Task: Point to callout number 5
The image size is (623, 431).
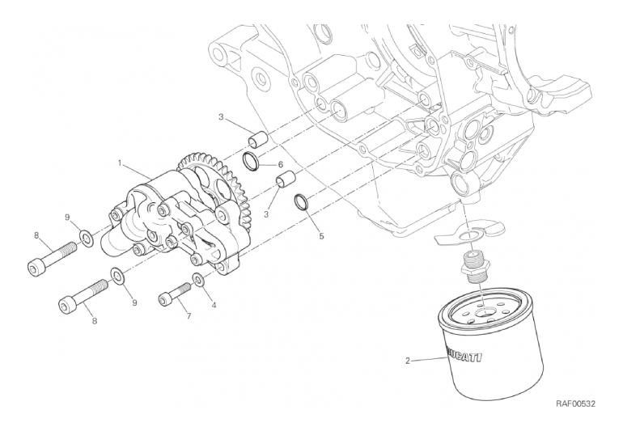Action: [x=320, y=237]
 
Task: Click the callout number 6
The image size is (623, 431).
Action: [x=280, y=164]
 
